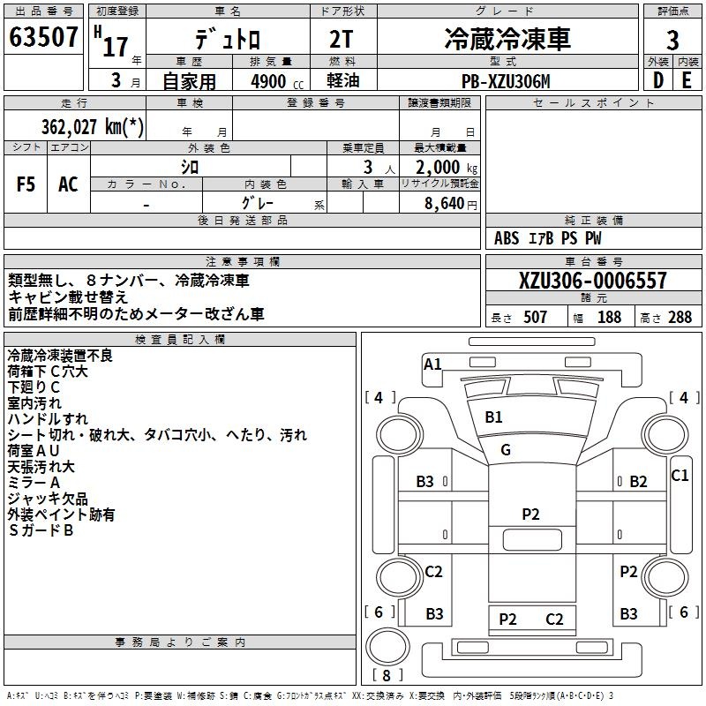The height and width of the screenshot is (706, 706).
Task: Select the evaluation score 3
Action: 672,41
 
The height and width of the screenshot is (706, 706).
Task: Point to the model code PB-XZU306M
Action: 506,82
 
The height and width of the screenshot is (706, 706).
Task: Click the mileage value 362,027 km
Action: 92,126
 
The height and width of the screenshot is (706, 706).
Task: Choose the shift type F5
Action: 26,184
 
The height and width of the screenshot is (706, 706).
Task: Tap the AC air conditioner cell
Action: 68,184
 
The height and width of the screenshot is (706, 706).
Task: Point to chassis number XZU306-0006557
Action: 592,282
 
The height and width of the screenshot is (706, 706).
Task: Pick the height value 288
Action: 680,317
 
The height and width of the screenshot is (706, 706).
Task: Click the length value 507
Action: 535,317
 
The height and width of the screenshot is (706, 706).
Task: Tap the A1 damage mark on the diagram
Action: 432,364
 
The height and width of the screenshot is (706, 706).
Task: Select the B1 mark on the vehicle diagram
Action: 493,417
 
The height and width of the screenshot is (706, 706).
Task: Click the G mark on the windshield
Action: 506,450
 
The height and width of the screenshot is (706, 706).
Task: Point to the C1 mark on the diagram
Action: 680,476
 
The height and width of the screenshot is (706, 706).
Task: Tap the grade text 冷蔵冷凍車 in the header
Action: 507,40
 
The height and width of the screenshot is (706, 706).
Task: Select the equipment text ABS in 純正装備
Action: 507,238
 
